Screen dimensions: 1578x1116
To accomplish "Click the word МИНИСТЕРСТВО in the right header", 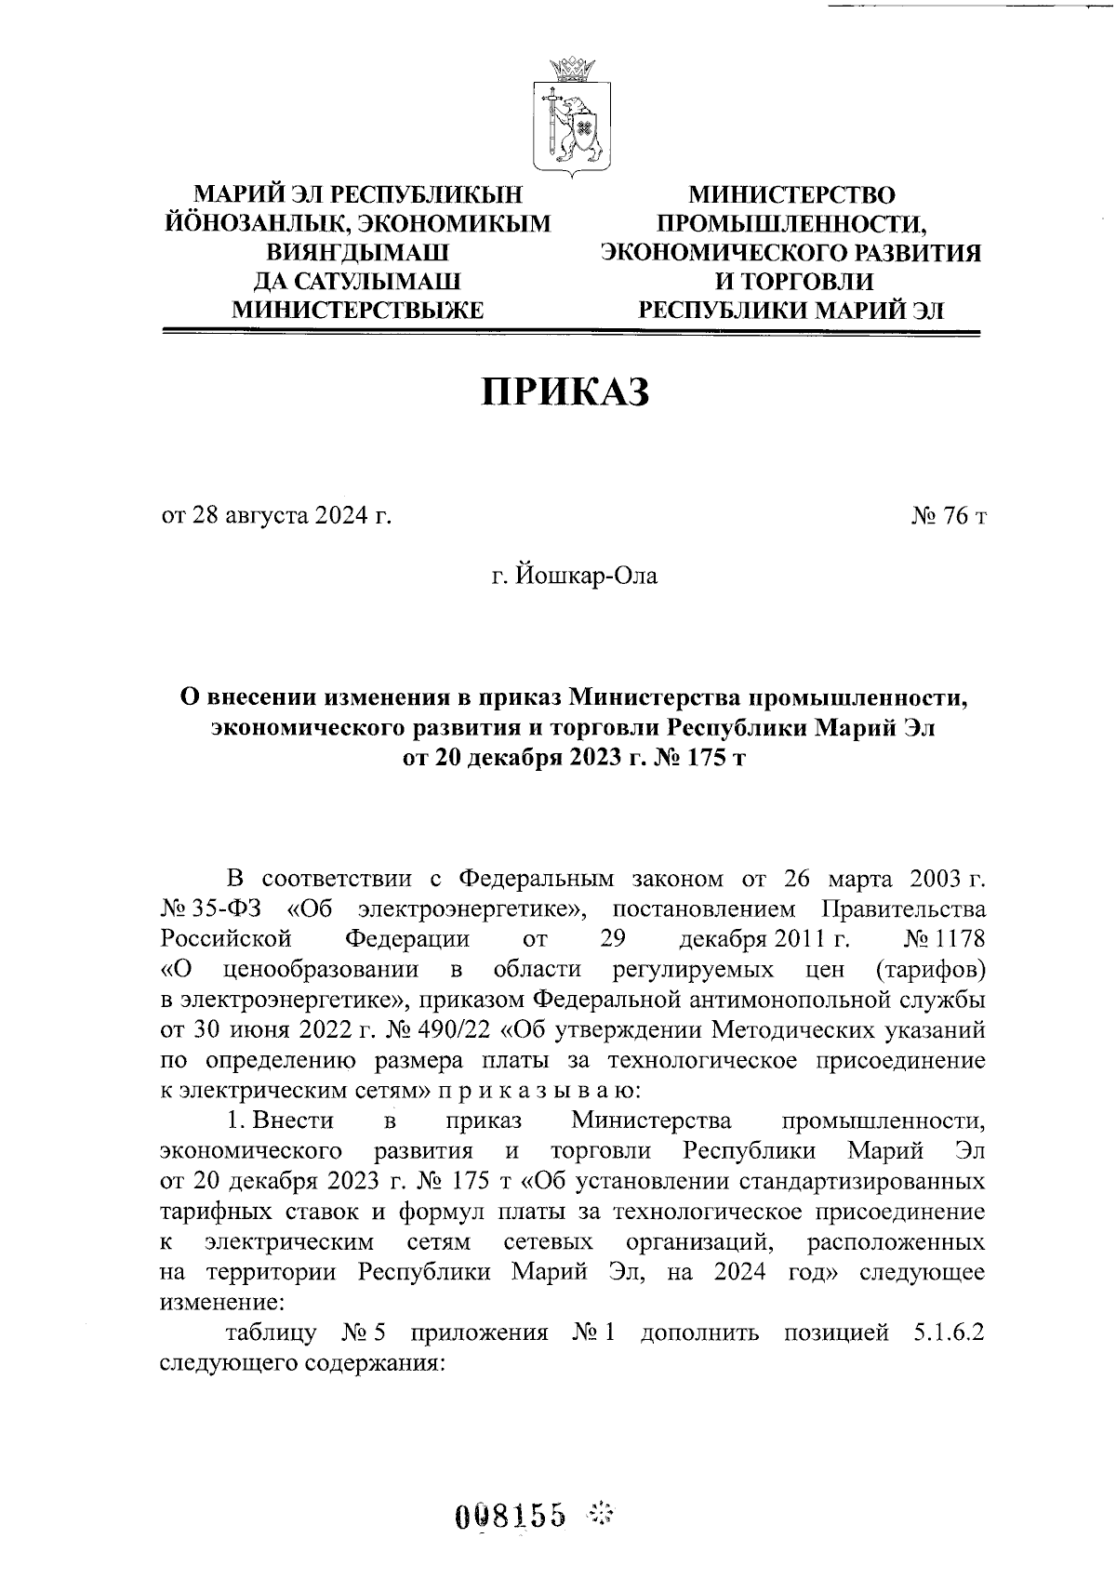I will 791,196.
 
